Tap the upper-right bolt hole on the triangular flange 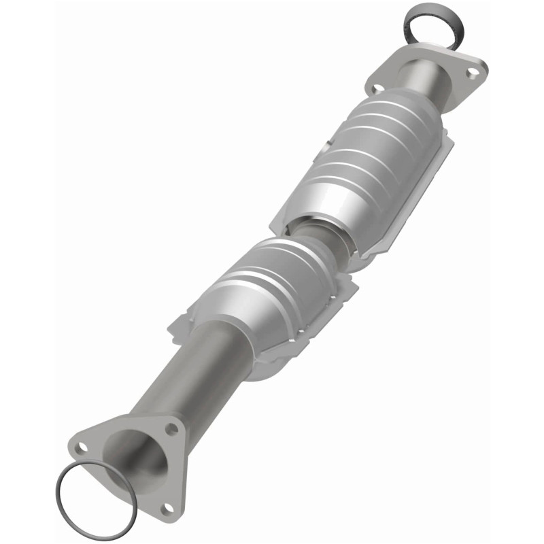pyautogui.click(x=172, y=430)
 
